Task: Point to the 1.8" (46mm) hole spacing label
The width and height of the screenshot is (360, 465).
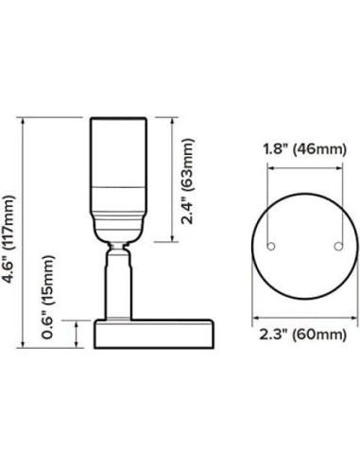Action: click(303, 148)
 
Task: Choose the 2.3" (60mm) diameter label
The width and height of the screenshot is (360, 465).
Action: click(303, 335)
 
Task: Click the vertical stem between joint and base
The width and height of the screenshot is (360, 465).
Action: click(118, 288)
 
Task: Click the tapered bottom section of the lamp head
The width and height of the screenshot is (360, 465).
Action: click(118, 225)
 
